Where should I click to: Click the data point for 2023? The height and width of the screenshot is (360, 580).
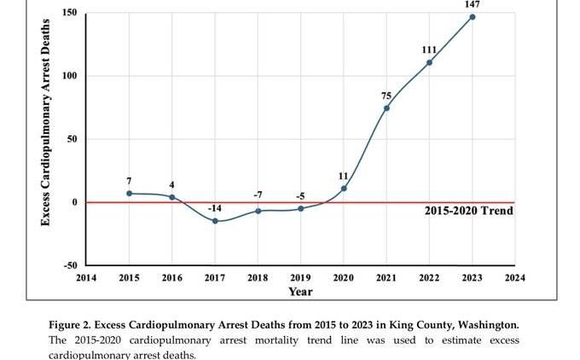(472, 17)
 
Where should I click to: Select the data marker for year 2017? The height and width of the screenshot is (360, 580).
(215, 221)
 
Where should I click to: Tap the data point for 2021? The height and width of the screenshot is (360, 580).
(386, 107)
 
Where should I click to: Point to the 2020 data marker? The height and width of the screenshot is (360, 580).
(344, 189)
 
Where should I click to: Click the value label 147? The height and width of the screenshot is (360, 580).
(472, 4)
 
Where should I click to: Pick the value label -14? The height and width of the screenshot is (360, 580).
(214, 208)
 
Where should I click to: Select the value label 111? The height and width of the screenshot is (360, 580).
(429, 50)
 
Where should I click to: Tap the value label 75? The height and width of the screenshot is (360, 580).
(386, 96)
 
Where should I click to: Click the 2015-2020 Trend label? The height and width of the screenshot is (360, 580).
(468, 211)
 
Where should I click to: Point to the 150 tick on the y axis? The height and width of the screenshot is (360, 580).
(70, 13)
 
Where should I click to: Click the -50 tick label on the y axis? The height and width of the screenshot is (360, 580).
(68, 265)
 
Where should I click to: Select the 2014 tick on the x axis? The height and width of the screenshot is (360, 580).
(86, 277)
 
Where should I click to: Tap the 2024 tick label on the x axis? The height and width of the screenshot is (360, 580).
(514, 277)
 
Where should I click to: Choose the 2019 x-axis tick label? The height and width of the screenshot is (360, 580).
(300, 277)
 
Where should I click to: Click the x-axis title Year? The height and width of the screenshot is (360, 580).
(300, 292)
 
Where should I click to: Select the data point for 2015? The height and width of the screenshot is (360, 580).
(130, 194)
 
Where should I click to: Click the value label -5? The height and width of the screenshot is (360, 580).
(300, 195)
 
